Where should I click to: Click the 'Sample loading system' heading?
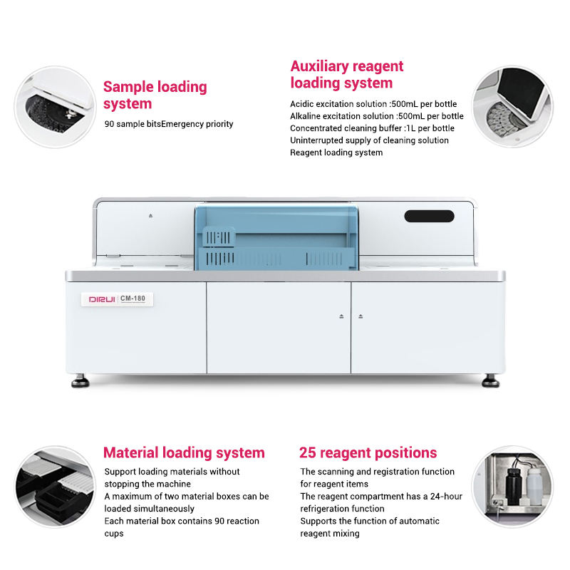155,95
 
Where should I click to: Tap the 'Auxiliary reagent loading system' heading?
347,75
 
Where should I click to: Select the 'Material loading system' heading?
184,452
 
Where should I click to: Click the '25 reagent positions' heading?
368,452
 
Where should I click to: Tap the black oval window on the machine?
429,216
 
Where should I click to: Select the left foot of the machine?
80,382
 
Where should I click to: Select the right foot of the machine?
490,382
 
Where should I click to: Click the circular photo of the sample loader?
55,107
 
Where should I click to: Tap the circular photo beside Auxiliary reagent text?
514,107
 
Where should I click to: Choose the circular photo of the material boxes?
55,487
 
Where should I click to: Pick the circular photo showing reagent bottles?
514,487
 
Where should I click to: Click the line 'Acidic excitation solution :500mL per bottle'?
373,104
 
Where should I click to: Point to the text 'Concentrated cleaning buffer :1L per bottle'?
372,128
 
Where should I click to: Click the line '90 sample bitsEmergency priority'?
169,124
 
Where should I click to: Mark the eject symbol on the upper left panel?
150,215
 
